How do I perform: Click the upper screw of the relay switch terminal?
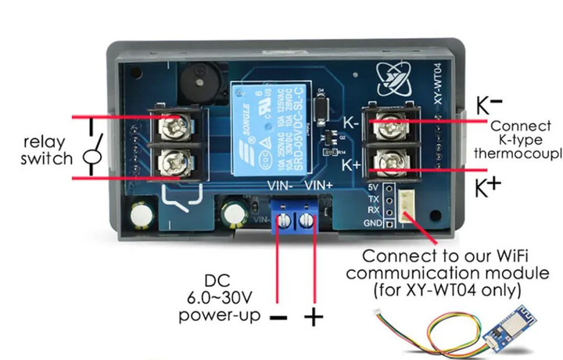[173, 124]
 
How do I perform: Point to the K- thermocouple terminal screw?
[386, 122]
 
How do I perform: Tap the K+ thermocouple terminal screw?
[386, 164]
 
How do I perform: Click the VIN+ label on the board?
[318, 185]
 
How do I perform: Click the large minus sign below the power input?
[278, 318]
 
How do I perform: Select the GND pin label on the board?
[373, 223]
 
